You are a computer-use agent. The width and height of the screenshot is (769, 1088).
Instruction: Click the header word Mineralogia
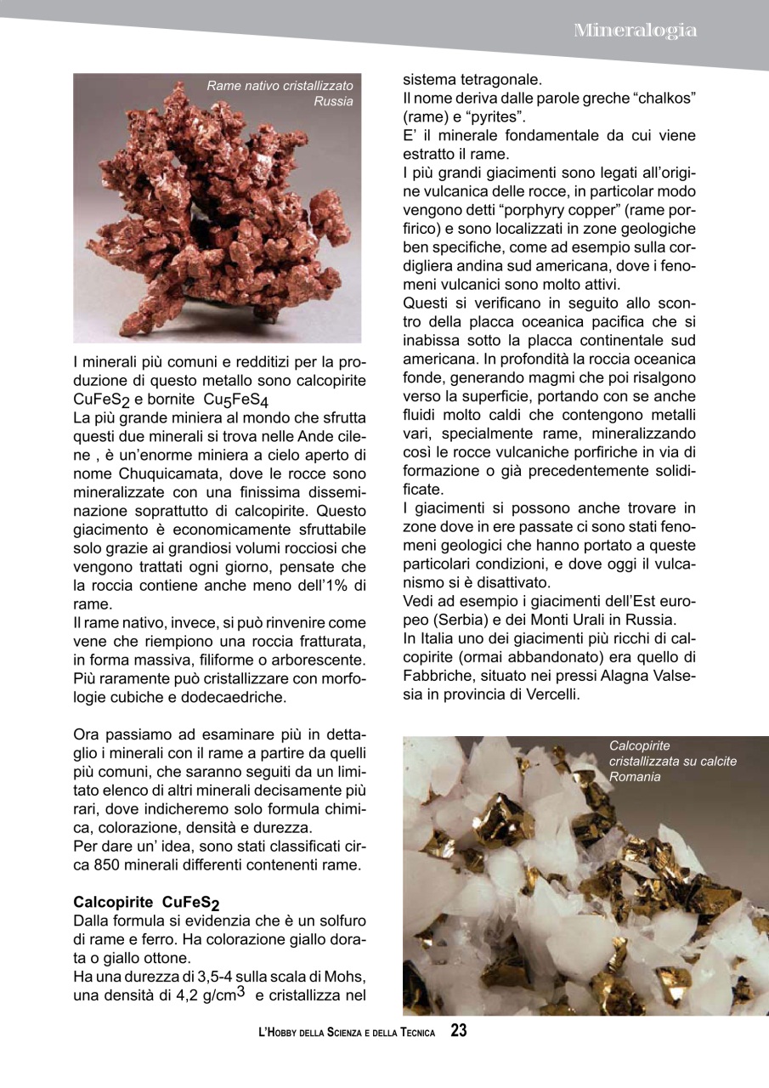[636, 31]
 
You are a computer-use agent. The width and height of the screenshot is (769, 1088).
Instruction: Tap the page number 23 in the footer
[459, 1031]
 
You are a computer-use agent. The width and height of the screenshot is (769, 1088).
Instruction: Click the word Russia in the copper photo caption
[333, 102]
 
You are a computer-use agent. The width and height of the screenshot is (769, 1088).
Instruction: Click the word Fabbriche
[436, 677]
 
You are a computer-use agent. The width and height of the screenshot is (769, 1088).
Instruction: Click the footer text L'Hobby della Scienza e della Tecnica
[347, 1033]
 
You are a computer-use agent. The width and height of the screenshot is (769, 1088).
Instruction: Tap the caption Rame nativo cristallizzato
[280, 86]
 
